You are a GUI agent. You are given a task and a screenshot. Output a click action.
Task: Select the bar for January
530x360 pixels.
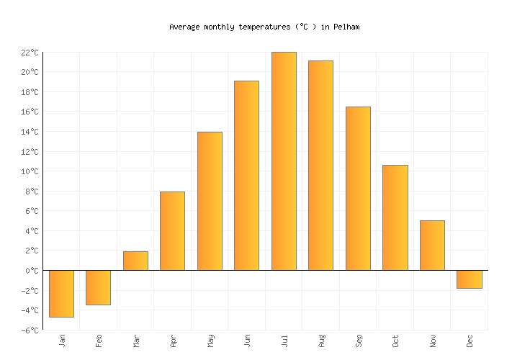click(x=61, y=293)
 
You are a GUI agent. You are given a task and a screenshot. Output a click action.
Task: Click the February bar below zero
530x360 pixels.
click(x=98, y=287)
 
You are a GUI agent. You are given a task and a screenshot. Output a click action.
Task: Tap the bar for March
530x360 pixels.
click(x=135, y=261)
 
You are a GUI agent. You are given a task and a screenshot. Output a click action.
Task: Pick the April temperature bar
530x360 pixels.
click(x=172, y=230)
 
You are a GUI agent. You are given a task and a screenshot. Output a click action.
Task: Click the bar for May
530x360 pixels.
click(x=210, y=201)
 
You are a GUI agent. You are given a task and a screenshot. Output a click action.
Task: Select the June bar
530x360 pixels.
click(x=246, y=175)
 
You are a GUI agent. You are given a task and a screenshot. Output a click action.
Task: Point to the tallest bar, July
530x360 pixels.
click(x=284, y=161)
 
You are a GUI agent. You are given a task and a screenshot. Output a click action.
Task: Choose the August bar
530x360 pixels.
click(x=320, y=165)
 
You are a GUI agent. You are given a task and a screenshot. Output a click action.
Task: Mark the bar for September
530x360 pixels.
click(x=358, y=188)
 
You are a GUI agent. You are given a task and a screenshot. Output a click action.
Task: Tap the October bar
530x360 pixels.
click(x=395, y=217)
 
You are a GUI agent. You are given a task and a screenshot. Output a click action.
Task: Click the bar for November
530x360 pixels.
click(x=432, y=245)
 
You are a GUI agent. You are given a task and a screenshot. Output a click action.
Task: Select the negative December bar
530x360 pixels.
click(x=469, y=279)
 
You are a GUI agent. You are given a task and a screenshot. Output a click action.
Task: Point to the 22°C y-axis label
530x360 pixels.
click(x=30, y=53)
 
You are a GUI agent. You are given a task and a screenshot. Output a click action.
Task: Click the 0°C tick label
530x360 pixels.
click(x=32, y=271)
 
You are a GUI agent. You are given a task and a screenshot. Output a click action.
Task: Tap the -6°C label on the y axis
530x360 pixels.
click(x=30, y=330)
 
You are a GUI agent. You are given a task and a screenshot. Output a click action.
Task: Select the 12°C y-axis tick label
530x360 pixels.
click(x=30, y=152)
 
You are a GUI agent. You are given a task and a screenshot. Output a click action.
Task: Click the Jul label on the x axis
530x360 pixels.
click(x=284, y=340)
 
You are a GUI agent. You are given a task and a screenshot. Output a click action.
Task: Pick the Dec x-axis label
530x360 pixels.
click(x=470, y=340)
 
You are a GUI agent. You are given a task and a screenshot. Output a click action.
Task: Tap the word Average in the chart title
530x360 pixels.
click(x=184, y=27)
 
